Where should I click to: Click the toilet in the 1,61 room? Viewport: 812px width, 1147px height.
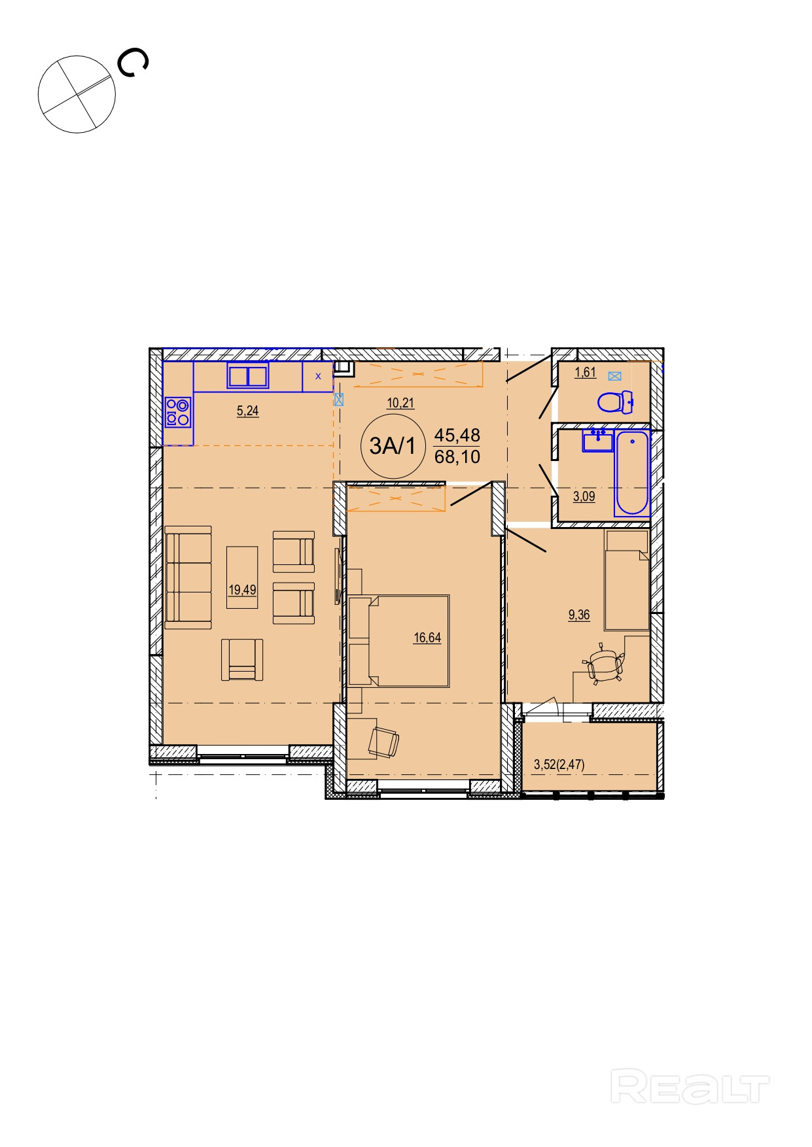click(x=615, y=402)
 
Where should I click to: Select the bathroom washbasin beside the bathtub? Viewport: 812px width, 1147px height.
click(x=597, y=440)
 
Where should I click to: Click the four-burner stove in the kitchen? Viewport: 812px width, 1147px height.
click(x=177, y=412)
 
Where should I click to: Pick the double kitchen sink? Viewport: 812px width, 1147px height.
click(x=248, y=376)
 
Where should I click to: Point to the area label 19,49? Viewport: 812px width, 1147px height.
click(x=242, y=590)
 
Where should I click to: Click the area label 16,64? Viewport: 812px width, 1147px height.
click(x=427, y=638)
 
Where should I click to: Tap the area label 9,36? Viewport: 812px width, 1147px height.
click(x=579, y=615)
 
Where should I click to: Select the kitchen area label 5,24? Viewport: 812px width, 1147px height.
click(x=247, y=411)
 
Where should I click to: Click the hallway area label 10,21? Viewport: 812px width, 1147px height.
click(x=400, y=403)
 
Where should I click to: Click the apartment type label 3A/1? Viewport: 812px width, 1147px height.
click(x=393, y=446)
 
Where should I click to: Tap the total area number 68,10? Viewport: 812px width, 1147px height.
click(x=457, y=456)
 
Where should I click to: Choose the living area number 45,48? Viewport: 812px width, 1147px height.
click(x=457, y=435)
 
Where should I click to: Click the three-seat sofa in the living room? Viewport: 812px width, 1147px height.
click(x=188, y=577)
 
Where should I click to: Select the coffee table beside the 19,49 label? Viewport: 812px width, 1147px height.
click(x=242, y=577)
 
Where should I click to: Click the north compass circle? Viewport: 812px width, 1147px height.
click(x=77, y=94)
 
